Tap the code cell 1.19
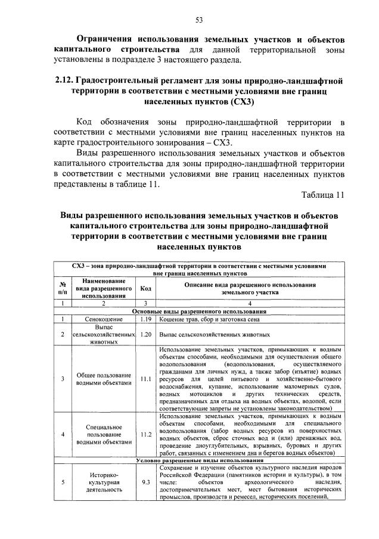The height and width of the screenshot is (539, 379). (144, 320)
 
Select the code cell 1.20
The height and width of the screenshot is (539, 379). (144, 335)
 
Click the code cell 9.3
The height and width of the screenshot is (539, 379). (145, 482)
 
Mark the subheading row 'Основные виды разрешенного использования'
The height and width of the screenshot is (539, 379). (200, 311)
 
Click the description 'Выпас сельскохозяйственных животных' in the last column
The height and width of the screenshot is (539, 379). (215, 335)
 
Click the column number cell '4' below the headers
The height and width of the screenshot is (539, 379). (250, 304)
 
